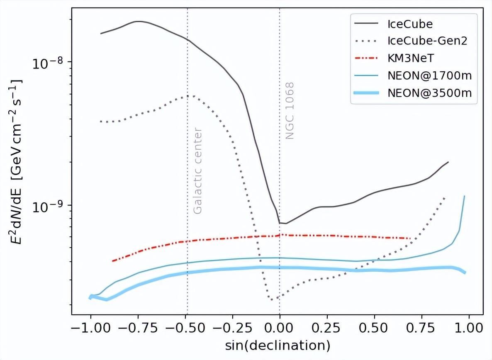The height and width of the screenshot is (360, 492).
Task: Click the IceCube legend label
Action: [x=410, y=24]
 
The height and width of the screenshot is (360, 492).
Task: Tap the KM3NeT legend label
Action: [x=411, y=58]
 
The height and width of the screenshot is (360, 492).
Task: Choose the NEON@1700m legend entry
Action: [x=429, y=75]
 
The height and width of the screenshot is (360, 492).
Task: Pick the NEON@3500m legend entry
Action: [x=429, y=93]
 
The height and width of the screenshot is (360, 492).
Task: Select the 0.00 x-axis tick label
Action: [x=280, y=328]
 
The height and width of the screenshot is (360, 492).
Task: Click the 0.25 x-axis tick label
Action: [x=327, y=328]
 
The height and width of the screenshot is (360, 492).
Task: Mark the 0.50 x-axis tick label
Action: [x=374, y=328]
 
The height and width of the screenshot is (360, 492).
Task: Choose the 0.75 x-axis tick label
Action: [x=421, y=328]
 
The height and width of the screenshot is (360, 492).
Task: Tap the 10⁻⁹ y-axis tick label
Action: [x=48, y=206]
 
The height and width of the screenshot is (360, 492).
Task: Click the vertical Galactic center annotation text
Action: [x=198, y=170]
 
